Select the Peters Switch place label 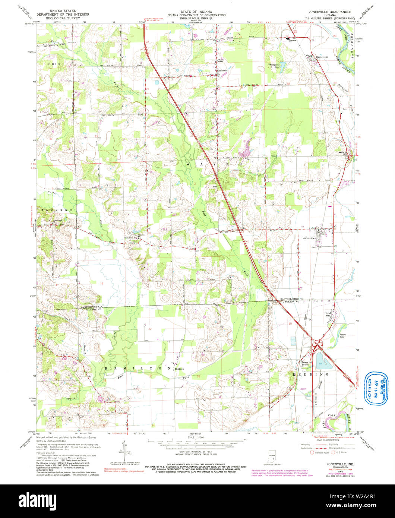click(x=306, y=363)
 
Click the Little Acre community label click(x=328, y=314)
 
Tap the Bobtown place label click(x=180, y=369)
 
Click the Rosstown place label click(x=222, y=70)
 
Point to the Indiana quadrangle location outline click(x=270, y=456)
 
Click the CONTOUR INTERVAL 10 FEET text click(x=197, y=450)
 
